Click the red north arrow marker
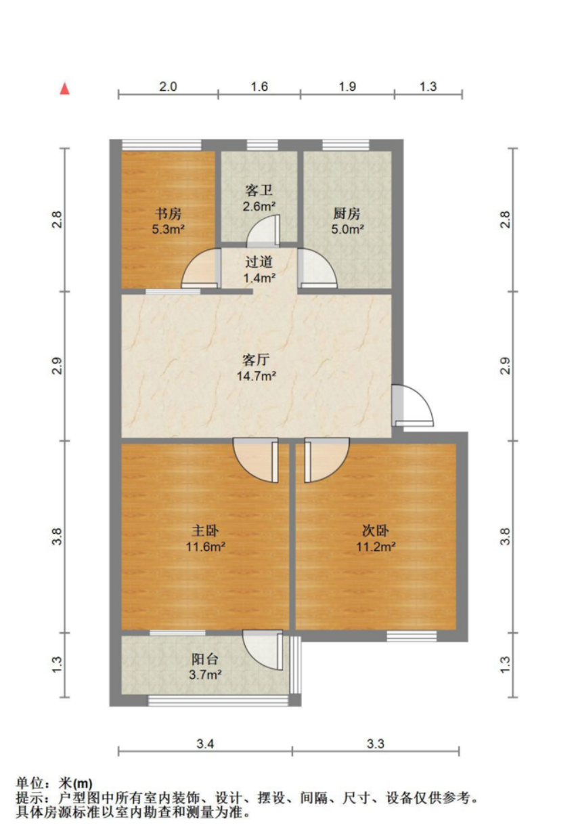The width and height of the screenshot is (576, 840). tap(65, 89)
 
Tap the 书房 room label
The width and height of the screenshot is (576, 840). tap(169, 214)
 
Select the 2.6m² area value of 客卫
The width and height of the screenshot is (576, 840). tap(259, 206)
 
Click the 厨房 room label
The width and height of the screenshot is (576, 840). tap(347, 214)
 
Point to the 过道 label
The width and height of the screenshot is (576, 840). tap(259, 262)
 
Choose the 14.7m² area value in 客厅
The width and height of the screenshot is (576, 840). tap(257, 375)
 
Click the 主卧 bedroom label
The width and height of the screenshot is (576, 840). tap(205, 531)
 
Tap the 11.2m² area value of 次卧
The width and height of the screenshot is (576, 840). tap(376, 547)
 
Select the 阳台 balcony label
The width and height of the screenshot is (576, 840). tap(205, 659)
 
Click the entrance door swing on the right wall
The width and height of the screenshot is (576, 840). tap(413, 406)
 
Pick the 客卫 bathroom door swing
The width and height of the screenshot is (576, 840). tap(263, 230)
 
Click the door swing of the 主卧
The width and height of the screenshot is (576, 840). tap(256, 460)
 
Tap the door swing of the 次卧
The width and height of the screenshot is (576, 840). tap(327, 460)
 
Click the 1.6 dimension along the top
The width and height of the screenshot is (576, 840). tap(259, 87)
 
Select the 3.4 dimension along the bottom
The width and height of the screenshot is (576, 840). tap(205, 744)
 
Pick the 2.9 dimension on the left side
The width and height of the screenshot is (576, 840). tap(57, 366)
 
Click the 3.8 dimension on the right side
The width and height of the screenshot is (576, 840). tap(505, 537)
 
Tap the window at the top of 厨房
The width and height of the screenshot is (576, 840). tap(346, 145)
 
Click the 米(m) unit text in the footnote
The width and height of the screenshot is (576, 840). tap(76, 784)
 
